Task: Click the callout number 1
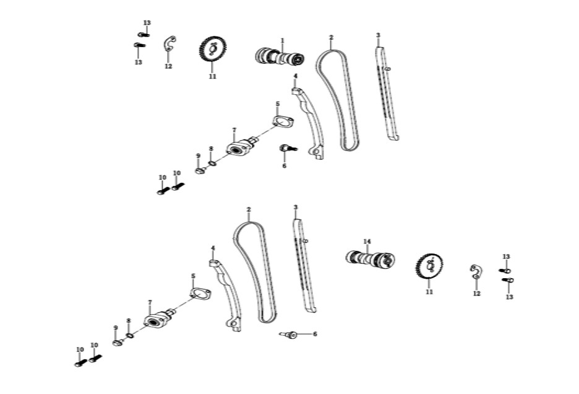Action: coord(283,40)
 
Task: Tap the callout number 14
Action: coord(367,242)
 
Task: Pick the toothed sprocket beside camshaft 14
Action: coord(429,266)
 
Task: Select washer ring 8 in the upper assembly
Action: coord(212,163)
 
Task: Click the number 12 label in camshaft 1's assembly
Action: coord(168,66)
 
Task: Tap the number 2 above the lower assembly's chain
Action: coord(249,209)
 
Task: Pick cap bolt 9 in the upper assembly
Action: coord(200,171)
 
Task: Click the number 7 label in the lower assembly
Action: coord(150,302)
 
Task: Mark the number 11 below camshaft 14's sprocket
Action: coord(429,292)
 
